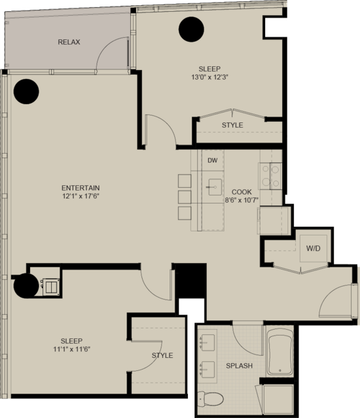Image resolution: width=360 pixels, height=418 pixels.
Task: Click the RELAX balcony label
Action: click(69, 42)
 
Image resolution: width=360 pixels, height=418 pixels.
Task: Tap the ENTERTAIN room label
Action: click(81, 188)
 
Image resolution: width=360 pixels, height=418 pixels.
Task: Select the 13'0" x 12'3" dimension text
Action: click(210, 77)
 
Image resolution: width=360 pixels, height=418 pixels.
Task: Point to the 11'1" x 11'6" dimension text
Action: click(72, 349)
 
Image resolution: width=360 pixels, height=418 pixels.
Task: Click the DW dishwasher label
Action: click(213, 160)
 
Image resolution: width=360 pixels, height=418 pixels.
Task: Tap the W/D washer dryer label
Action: click(313, 249)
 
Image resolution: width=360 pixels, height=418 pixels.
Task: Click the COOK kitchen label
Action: click(242, 192)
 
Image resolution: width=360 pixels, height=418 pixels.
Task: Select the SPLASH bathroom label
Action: click(239, 366)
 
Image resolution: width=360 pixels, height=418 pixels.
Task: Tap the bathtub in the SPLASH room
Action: click(279, 352)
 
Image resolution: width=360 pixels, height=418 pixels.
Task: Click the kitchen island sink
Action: click(215, 187)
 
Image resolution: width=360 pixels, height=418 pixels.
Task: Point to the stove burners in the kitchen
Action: click(270, 176)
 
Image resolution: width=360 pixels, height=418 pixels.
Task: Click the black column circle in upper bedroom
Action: click(191, 29)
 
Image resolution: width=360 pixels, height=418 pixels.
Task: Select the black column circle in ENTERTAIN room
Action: click(26, 92)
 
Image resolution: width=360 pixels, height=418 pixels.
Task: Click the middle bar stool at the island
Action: click(185, 197)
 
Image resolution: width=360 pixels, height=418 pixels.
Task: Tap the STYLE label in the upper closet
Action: click(232, 125)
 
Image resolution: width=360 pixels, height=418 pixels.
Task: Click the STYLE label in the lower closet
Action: click(162, 355)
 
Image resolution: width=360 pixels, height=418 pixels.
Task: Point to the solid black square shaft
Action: click(190, 281)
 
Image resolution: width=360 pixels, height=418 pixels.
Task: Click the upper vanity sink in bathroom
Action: click(207, 343)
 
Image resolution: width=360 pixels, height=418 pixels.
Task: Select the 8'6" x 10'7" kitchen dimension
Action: click(242, 200)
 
